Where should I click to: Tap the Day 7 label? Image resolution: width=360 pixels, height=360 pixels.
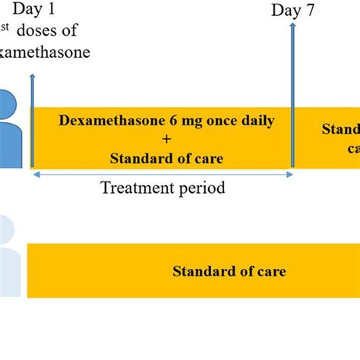(x=292, y=11)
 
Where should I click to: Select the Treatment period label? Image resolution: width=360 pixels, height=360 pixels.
(x=163, y=188)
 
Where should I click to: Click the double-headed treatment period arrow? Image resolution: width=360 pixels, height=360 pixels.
(x=163, y=174)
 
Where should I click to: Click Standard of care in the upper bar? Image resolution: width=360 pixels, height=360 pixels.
(x=166, y=158)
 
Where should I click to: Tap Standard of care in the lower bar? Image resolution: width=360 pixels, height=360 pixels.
(x=229, y=271)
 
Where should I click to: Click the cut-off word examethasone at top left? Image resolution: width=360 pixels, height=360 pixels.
(x=46, y=52)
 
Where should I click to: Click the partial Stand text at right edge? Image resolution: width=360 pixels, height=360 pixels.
(x=341, y=128)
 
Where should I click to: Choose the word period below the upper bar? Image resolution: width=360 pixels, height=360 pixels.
(x=201, y=188)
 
